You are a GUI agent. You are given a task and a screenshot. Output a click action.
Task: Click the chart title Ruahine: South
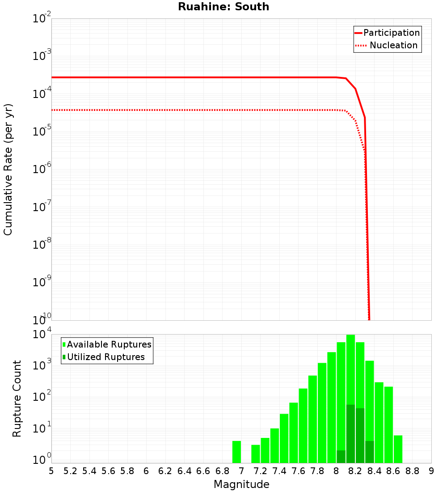[223, 7]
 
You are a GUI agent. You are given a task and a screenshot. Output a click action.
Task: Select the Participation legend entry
[387, 33]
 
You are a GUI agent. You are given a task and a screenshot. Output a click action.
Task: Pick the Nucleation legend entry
[387, 46]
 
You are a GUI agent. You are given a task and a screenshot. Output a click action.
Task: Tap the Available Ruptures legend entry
[107, 345]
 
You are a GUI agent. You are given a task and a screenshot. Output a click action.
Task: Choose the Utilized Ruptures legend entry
[103, 357]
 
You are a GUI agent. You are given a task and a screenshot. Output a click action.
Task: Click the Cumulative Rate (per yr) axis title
[8, 170]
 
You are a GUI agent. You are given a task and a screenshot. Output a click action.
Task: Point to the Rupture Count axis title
[17, 399]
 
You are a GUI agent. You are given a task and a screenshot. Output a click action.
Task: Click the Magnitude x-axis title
[241, 484]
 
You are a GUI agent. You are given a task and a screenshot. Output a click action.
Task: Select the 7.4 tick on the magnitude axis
[279, 471]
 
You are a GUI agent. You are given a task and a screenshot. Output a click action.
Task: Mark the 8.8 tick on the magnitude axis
[412, 471]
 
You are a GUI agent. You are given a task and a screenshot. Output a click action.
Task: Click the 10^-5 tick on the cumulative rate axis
[42, 131]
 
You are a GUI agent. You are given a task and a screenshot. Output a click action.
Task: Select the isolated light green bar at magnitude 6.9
[236, 452]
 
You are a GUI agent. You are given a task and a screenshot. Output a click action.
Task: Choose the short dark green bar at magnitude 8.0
[341, 457]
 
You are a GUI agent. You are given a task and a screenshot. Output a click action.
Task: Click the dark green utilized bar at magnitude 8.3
[370, 452]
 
